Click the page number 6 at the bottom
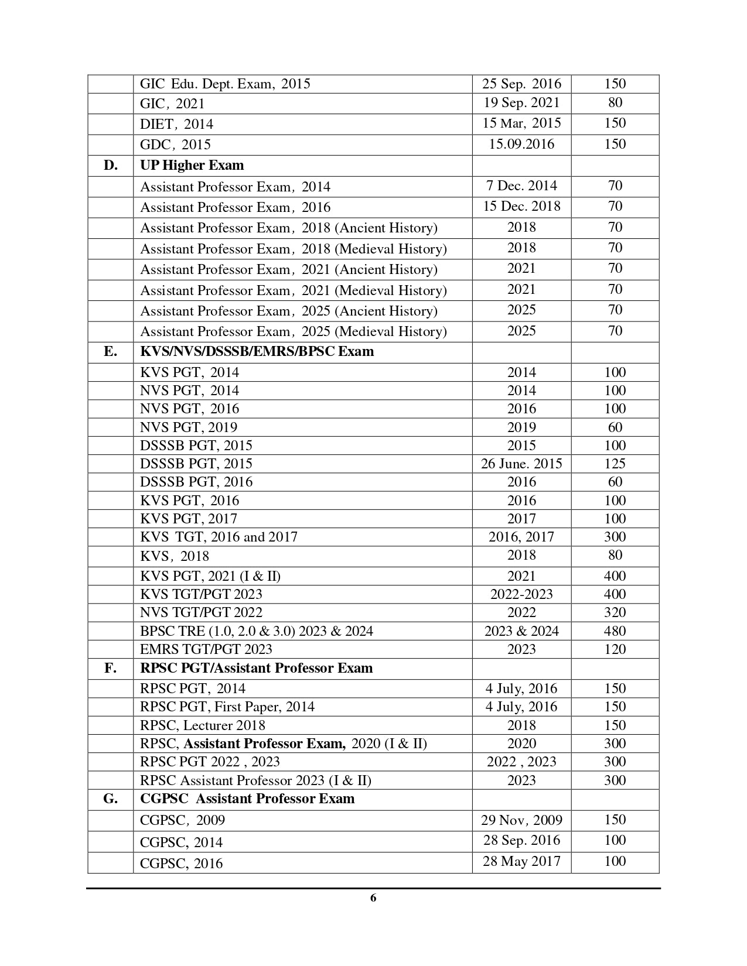pyautogui.click(x=373, y=898)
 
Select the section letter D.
pyautogui.click(x=110, y=166)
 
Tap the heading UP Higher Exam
pyautogui.click(x=192, y=166)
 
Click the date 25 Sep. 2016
pyautogui.click(x=521, y=84)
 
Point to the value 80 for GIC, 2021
pyautogui.click(x=615, y=103)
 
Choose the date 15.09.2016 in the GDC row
pyautogui.click(x=521, y=144)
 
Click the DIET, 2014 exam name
pyautogui.click(x=176, y=124)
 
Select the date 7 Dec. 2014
pyautogui.click(x=521, y=186)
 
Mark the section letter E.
pyautogui.click(x=110, y=352)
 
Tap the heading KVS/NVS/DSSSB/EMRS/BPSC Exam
pyautogui.click(x=257, y=352)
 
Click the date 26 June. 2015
pyautogui.click(x=521, y=464)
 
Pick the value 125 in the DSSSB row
pyautogui.click(x=615, y=464)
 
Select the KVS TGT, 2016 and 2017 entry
pyautogui.click(x=219, y=537)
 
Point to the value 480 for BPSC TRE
pyautogui.click(x=615, y=631)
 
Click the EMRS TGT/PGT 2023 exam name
pyautogui.click(x=206, y=649)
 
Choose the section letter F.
pyautogui.click(x=110, y=669)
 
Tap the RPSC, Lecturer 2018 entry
pyautogui.click(x=203, y=725)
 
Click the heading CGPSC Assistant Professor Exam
pyautogui.click(x=247, y=799)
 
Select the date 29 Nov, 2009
pyautogui.click(x=521, y=820)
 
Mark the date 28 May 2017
pyautogui.click(x=521, y=862)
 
